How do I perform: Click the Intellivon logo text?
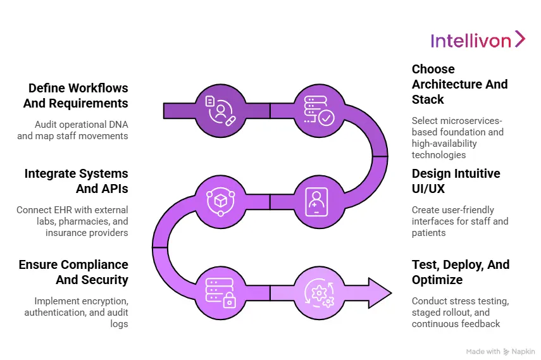471,41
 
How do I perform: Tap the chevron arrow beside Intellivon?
519,39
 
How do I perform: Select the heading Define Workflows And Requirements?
78,96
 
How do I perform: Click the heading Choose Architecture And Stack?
459,84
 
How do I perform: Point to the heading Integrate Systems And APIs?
76,181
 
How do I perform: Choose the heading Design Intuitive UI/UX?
456,181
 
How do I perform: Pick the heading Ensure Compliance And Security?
73,272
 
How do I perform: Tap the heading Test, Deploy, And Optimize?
460,272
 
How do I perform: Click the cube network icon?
220,200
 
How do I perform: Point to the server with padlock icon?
220,292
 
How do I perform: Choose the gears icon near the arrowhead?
320,292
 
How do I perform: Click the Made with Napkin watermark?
500,351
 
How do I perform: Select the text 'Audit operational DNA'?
81,125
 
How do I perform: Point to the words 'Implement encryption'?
81,302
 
